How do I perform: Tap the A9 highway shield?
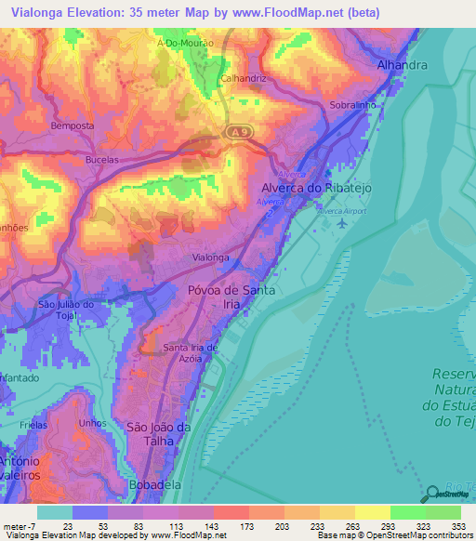[x=239, y=134]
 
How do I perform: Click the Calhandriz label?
[x=244, y=79]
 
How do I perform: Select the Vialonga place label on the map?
[x=209, y=257]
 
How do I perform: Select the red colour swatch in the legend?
[x=231, y=512]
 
